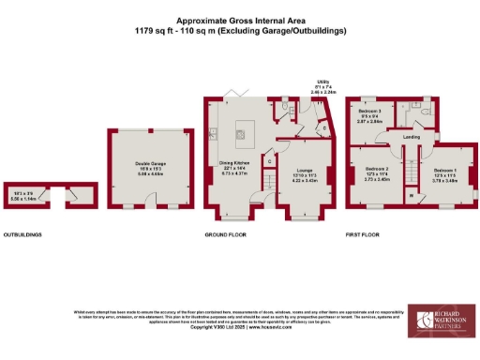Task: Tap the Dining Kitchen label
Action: [x=232, y=170]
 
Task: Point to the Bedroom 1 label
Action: [x=444, y=176]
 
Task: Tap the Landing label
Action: [x=411, y=137]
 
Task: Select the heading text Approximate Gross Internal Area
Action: [x=239, y=20]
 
